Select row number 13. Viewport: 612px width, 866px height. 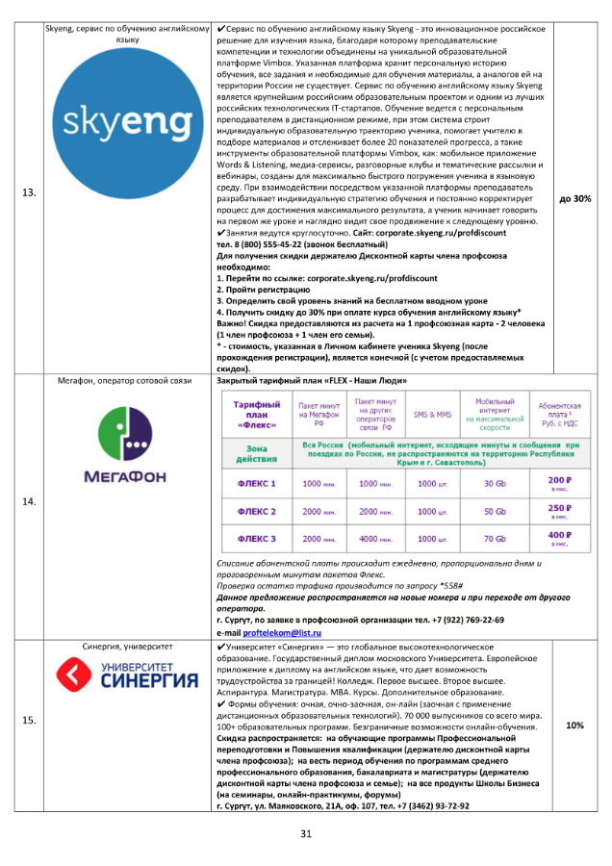[x=29, y=193]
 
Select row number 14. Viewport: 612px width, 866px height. [x=29, y=501]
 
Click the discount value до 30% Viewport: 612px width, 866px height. [x=575, y=198]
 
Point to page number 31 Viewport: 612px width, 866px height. [x=307, y=832]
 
